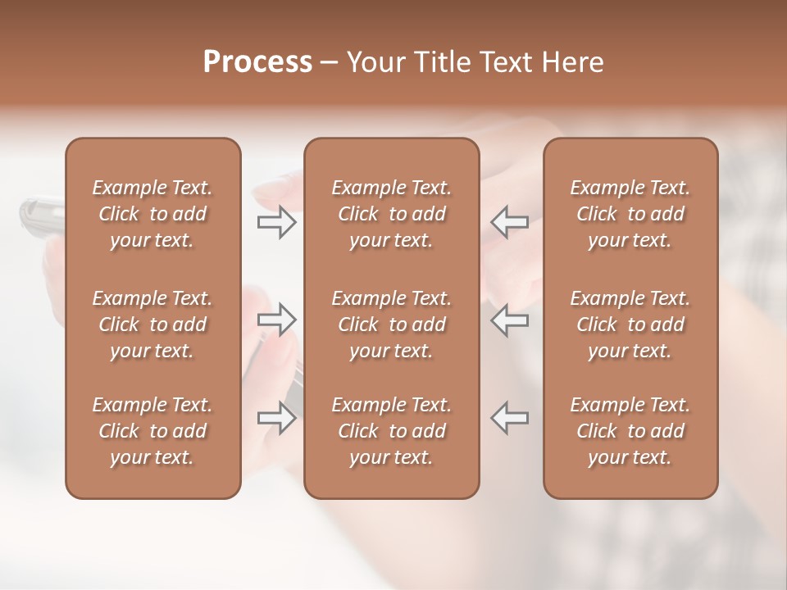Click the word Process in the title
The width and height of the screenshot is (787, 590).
click(x=257, y=62)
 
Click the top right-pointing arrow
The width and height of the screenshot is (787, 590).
click(x=276, y=222)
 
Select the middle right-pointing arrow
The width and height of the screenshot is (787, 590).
click(x=276, y=319)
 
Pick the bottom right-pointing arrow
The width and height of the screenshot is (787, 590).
click(x=276, y=418)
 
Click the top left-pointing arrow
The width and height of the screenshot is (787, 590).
click(x=509, y=222)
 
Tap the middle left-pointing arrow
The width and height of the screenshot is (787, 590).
click(x=509, y=319)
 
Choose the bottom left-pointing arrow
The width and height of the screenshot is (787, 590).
click(x=509, y=418)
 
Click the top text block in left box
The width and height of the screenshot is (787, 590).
click(x=152, y=214)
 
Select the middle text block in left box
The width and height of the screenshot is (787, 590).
click(x=152, y=324)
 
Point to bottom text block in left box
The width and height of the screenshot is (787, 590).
click(x=152, y=431)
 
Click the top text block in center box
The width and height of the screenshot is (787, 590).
click(x=392, y=214)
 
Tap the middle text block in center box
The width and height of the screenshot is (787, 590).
click(x=392, y=324)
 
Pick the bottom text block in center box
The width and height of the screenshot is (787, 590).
click(x=392, y=431)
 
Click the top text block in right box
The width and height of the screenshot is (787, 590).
click(x=630, y=214)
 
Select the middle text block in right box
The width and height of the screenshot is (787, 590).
click(x=630, y=324)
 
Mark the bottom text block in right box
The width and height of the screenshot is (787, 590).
click(x=630, y=431)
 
